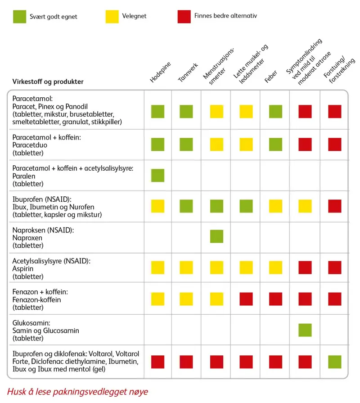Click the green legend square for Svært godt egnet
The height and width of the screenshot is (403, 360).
coord(19,17)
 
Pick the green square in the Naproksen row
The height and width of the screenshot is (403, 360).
coord(217,236)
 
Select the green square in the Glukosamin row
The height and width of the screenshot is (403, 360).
coord(305,330)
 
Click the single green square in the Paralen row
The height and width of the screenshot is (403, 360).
coord(157,175)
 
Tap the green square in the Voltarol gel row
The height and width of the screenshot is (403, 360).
coord(334,362)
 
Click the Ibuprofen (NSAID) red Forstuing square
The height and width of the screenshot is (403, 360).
coord(334,206)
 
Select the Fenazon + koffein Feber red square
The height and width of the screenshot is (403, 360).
coord(275,299)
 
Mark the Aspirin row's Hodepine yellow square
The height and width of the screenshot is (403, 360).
coord(157,267)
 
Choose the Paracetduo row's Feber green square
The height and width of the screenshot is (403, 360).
coord(275,144)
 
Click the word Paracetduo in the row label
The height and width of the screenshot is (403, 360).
coord(30,145)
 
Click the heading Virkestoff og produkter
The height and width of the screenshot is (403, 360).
coord(48,82)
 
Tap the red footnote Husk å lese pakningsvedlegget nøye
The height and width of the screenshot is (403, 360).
coord(77,391)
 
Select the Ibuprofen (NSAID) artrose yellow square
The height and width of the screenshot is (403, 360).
coord(305,206)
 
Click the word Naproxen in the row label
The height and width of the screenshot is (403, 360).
coord(27,237)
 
